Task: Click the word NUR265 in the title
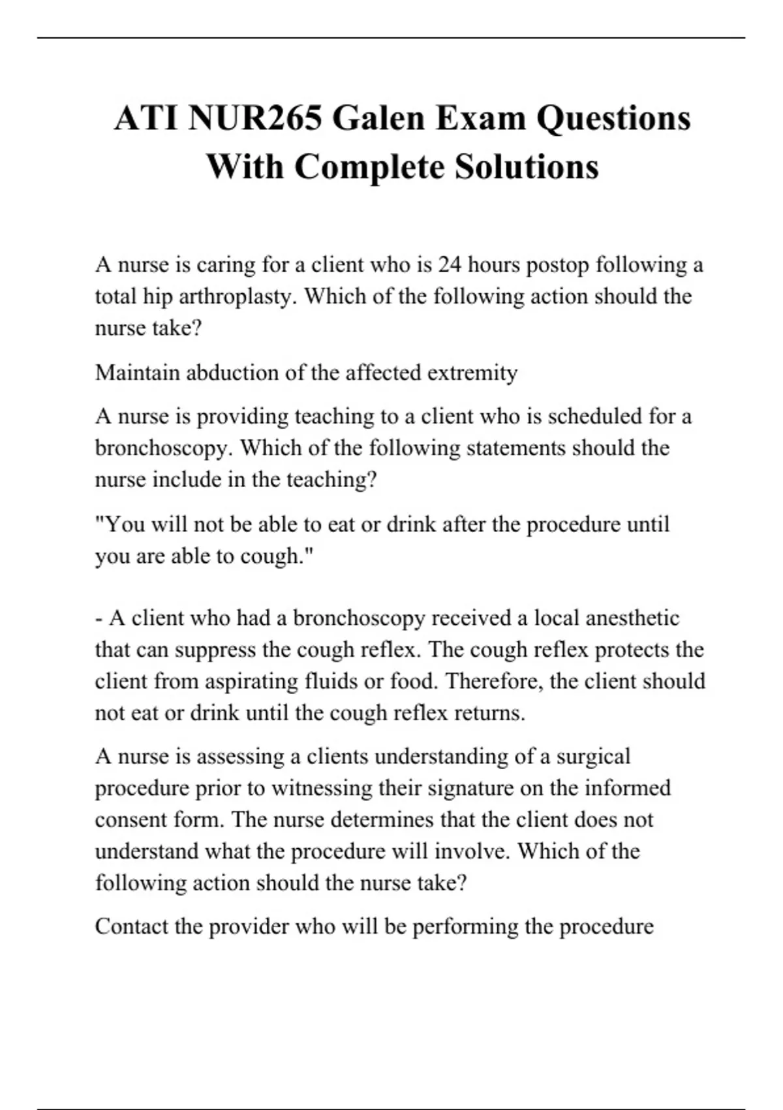pyautogui.click(x=254, y=118)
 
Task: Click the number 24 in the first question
pyautogui.click(x=450, y=265)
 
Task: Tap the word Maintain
pyautogui.click(x=138, y=373)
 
